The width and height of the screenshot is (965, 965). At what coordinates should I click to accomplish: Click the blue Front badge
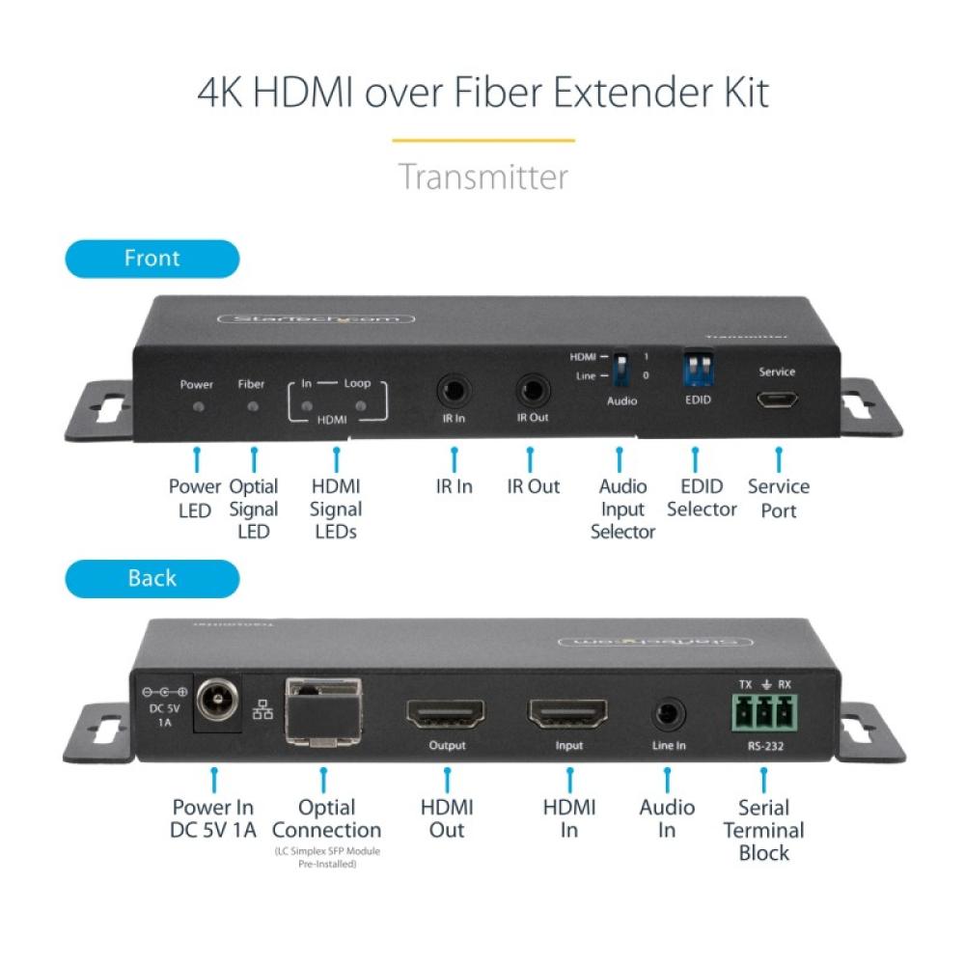coord(152,259)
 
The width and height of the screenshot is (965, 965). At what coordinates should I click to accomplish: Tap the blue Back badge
coord(152,578)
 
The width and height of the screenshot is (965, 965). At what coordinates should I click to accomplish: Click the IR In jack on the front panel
coord(452,391)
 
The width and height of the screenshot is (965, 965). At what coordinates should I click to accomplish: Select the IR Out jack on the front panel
coord(531,391)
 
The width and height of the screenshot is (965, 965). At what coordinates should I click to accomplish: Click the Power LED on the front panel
coord(199,406)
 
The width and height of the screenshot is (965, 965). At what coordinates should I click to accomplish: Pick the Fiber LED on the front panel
coord(252,406)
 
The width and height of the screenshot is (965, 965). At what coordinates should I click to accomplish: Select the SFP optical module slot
coord(322,714)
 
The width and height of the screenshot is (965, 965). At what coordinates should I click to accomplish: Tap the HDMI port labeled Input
coord(567,714)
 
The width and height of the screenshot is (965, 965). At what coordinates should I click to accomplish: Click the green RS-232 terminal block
coord(762,714)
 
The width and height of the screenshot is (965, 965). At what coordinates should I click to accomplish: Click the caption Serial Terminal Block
coord(763,830)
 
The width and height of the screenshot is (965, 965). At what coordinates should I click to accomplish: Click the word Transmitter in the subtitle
coord(482,178)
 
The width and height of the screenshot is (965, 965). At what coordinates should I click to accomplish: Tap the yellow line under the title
coord(482,141)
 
